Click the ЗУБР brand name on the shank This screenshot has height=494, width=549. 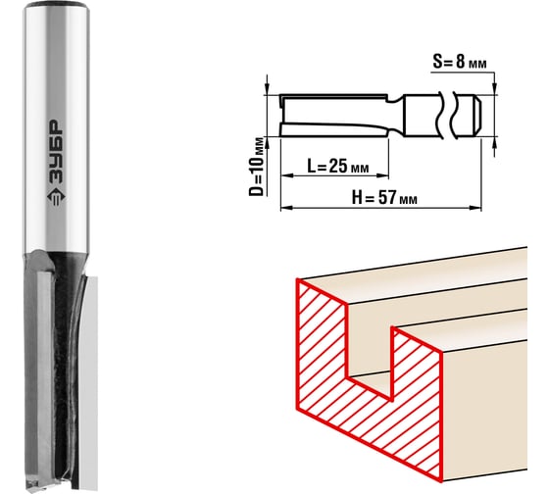55,152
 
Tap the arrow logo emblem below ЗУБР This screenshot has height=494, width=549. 56,198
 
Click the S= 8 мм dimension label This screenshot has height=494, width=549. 460,62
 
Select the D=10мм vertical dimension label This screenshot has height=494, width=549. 257,167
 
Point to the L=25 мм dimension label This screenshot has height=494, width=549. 338,166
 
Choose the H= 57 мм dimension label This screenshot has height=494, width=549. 384,198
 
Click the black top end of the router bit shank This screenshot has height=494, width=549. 56,5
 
